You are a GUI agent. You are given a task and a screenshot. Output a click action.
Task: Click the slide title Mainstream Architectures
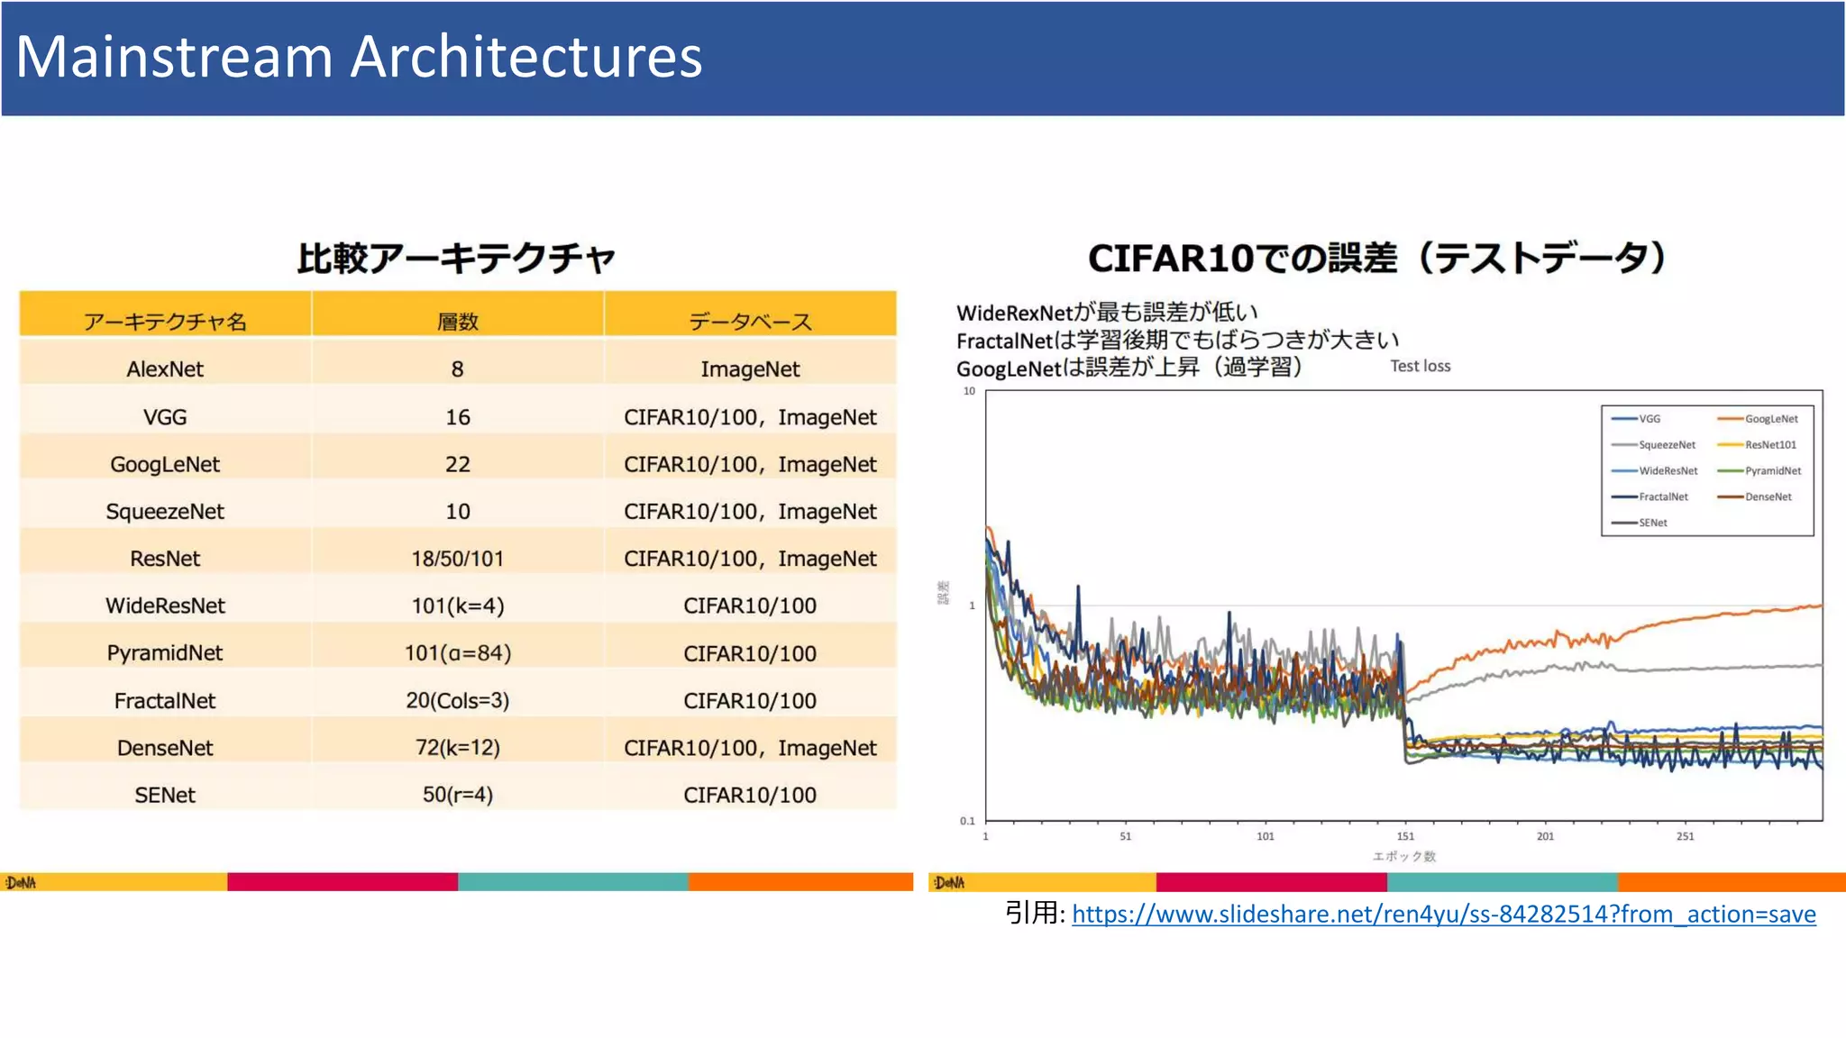[359, 57]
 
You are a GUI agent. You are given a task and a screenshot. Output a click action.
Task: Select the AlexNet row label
[165, 369]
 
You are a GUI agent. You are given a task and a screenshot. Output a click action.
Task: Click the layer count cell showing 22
[457, 464]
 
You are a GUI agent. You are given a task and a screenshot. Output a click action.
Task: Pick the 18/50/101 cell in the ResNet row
[457, 559]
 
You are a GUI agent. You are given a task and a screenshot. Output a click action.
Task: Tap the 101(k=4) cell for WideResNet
[457, 605]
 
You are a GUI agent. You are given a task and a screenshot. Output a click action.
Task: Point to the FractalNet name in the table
[165, 700]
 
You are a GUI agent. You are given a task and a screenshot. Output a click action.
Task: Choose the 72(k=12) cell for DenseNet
[457, 747]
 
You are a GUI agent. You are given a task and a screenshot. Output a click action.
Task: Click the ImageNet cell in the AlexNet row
[750, 369]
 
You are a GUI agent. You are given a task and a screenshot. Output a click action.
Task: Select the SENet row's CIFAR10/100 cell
[750, 795]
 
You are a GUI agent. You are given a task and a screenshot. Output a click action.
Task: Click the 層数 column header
[457, 322]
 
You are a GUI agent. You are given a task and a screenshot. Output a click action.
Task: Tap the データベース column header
[750, 322]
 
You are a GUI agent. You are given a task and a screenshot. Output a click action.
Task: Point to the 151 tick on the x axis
[1405, 836]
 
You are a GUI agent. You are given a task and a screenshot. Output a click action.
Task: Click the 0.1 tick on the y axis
[967, 821]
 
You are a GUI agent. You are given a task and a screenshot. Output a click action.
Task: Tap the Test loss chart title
[1420, 366]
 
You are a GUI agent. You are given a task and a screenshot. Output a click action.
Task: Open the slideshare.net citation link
[1443, 914]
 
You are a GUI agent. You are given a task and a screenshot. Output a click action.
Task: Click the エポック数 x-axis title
[1403, 856]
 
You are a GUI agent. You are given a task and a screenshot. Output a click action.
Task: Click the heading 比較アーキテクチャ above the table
[456, 259]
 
